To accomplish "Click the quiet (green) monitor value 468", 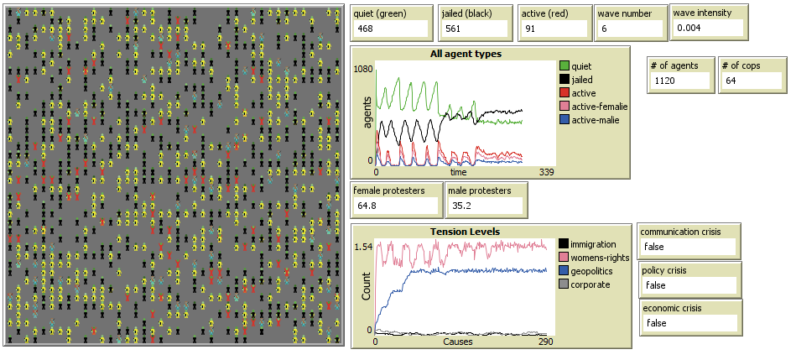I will pos(365,29).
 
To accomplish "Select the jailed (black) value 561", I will pos(454,29).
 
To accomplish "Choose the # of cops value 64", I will pos(731,83).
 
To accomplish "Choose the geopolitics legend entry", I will pos(592,271).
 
